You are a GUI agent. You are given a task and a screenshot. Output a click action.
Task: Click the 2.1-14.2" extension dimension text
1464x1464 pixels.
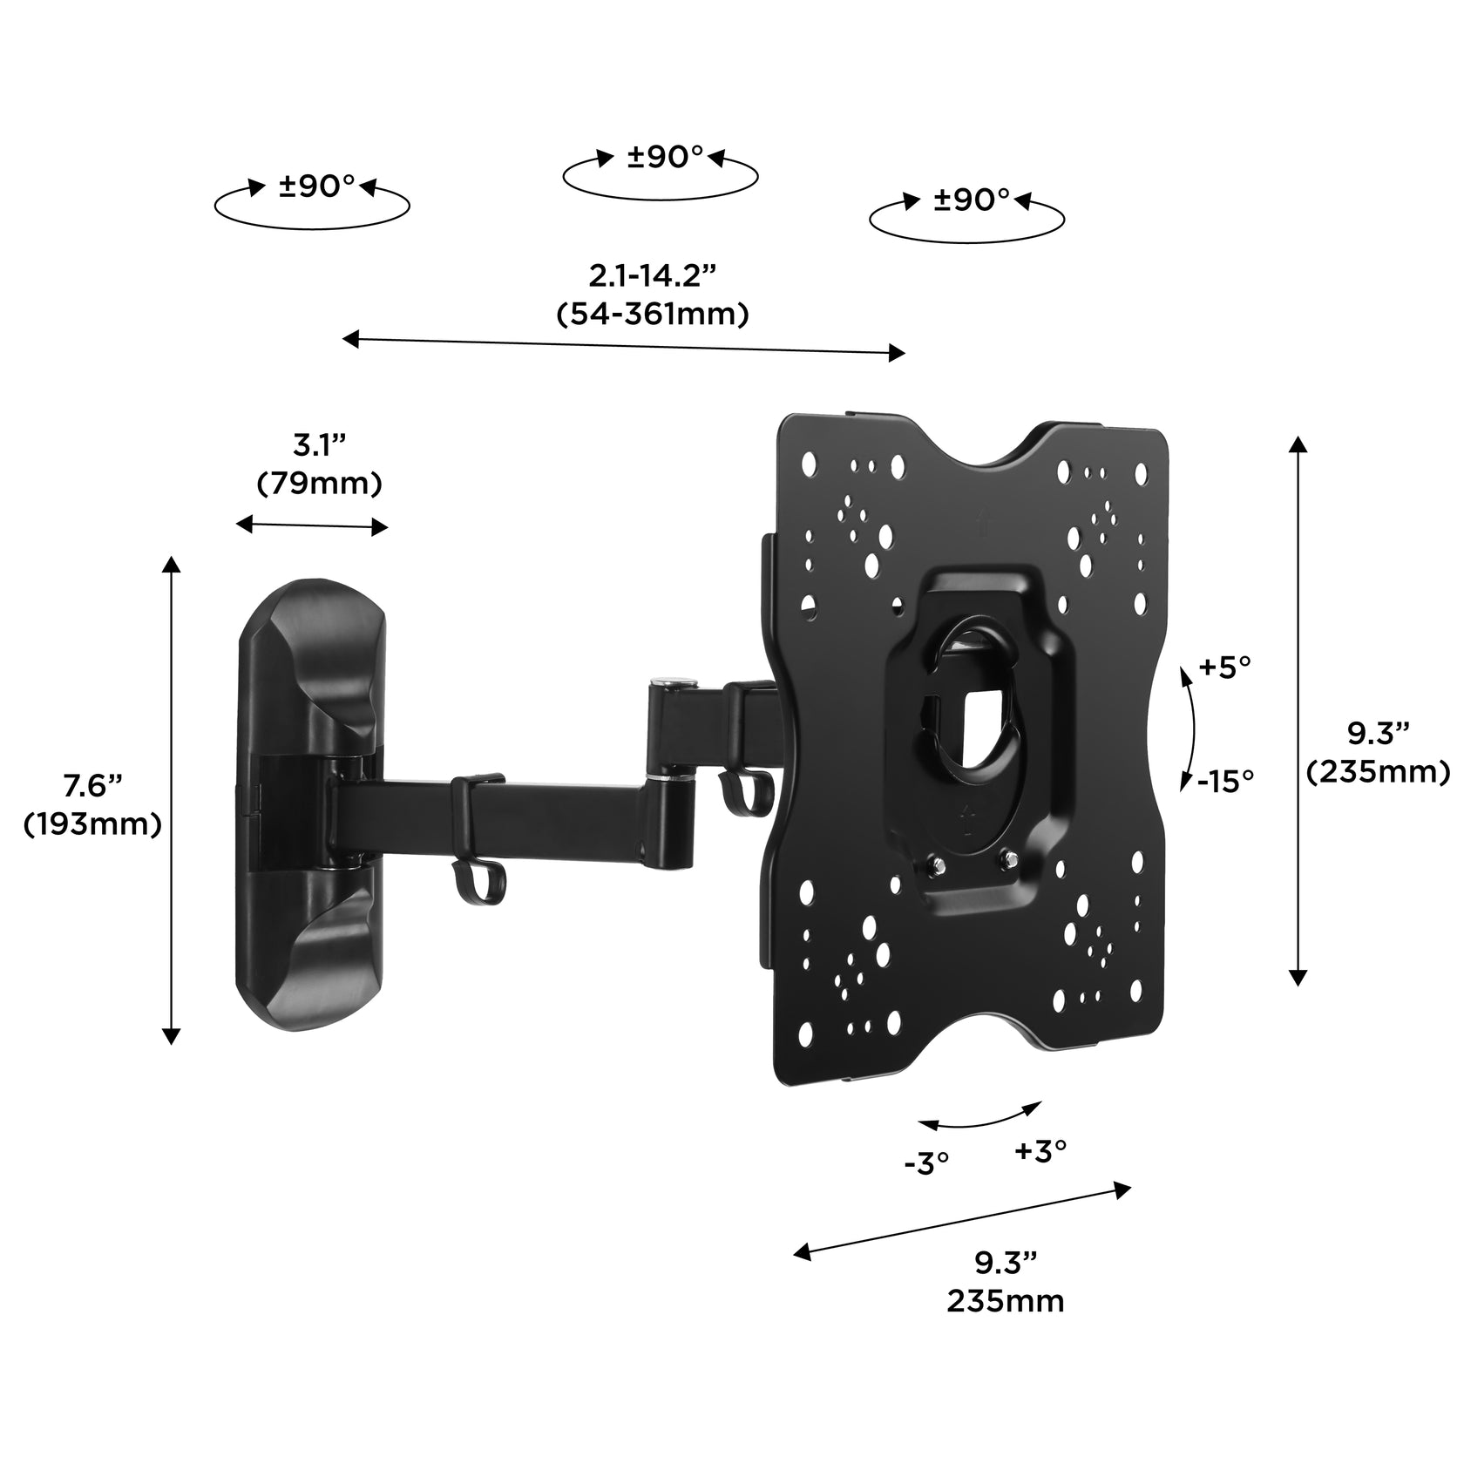point(652,276)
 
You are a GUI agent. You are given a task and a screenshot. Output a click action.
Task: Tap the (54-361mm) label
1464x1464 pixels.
point(652,314)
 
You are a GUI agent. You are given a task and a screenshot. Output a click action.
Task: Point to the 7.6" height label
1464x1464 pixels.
point(91,786)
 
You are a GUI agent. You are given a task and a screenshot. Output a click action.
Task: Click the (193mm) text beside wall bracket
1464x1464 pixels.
point(91,823)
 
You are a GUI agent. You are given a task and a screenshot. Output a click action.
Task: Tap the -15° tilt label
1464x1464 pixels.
point(1224,782)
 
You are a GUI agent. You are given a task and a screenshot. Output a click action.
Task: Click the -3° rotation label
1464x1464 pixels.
point(925,1162)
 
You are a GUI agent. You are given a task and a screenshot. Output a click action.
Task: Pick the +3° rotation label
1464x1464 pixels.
point(1040,1150)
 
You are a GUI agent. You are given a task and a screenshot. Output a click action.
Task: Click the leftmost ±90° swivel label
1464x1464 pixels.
point(316,186)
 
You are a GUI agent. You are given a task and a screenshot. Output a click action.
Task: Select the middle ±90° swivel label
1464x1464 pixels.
point(665,157)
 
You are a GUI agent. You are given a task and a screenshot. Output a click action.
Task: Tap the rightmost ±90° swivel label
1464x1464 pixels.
point(971,200)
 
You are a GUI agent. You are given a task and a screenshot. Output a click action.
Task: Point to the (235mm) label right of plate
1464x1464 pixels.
point(1378,771)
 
